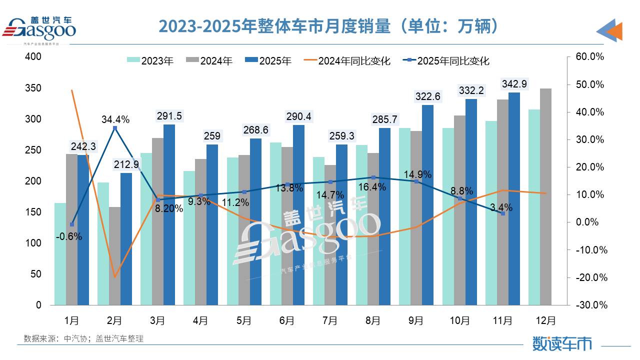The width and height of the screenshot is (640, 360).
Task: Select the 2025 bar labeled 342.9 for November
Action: coord(514,198)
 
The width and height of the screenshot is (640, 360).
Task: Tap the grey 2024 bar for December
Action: coord(545,196)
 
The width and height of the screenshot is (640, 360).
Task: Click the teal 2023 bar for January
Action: coord(60,253)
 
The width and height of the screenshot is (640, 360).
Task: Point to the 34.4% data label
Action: coord(115,119)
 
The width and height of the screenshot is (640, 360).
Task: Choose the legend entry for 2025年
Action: coord(267,61)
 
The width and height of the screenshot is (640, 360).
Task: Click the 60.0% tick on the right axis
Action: coord(590,57)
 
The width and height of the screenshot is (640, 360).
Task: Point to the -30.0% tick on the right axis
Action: coord(590,305)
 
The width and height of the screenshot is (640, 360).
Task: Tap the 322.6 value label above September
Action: coord(427,96)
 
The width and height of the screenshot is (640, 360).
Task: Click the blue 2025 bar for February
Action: coord(126,238)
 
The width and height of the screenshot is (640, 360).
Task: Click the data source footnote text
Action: coord(83,338)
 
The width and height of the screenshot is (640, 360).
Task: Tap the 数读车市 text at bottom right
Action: coord(562,343)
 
